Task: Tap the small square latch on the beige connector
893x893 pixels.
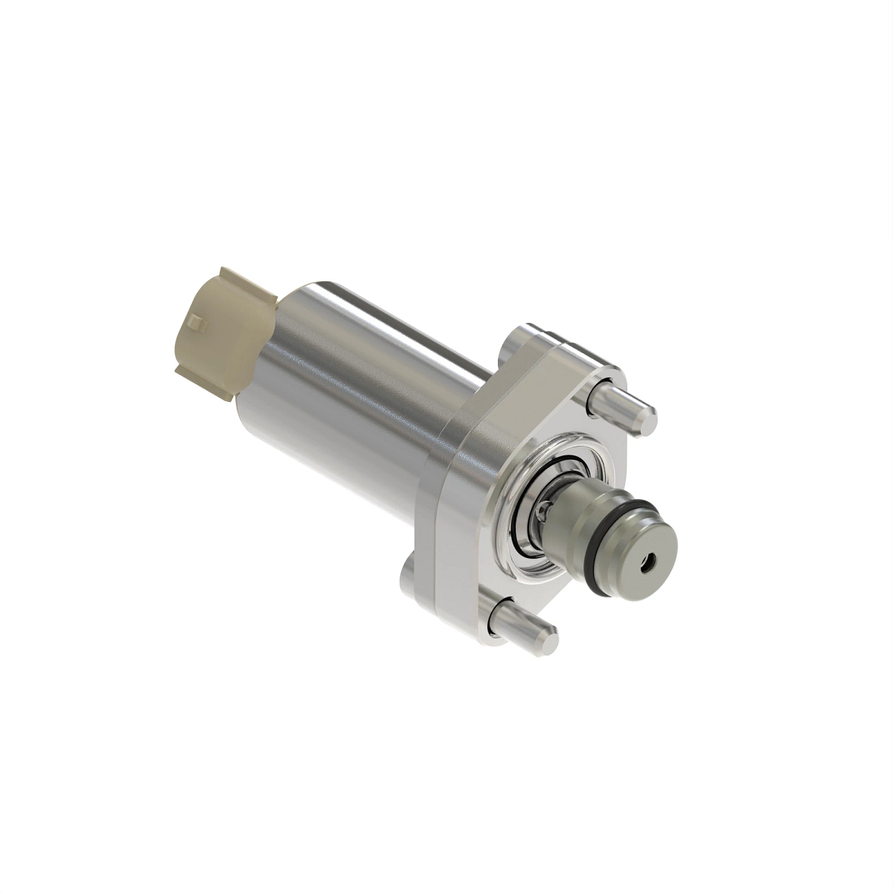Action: pos(196,323)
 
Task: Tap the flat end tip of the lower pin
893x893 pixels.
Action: pos(546,637)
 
